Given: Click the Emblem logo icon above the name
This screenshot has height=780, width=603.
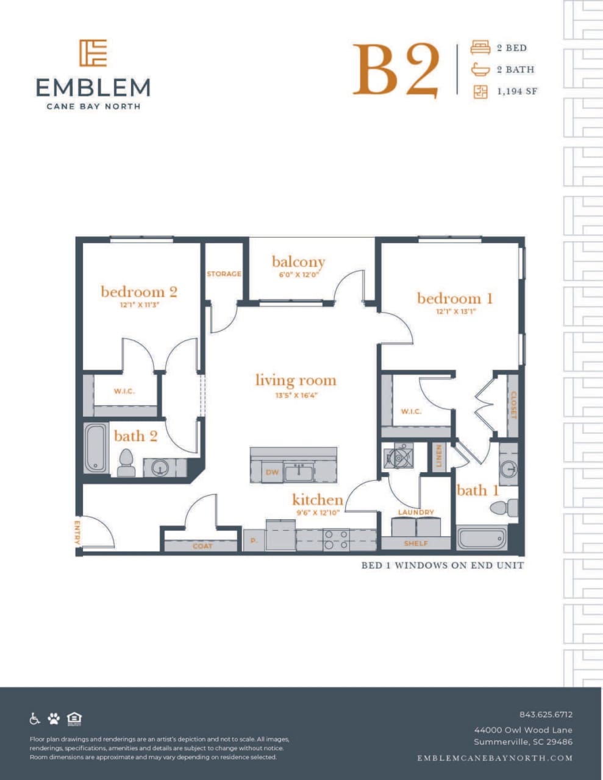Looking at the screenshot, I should (x=93, y=53).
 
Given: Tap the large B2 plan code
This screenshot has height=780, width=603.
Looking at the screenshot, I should (x=396, y=70).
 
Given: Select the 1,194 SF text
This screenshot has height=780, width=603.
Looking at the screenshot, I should (x=517, y=91).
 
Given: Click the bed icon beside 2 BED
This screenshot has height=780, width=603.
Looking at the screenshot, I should (x=480, y=48).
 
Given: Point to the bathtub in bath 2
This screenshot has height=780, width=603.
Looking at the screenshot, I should (x=95, y=448).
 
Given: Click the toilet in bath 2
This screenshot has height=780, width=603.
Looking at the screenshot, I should (x=126, y=463).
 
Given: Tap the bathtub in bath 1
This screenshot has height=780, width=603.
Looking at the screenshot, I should (x=482, y=539).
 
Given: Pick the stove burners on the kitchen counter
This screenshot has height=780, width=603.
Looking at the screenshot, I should (x=336, y=540).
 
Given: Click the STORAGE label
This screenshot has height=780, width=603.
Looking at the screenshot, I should (x=224, y=274).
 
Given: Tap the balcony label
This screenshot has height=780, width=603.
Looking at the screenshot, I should (x=298, y=261).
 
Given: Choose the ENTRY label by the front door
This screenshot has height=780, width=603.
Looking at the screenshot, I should (x=78, y=533).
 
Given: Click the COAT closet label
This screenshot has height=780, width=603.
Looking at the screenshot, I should (x=202, y=546).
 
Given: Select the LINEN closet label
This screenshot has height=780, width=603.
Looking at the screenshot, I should (x=438, y=456).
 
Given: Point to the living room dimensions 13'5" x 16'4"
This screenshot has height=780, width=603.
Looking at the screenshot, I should (x=296, y=395).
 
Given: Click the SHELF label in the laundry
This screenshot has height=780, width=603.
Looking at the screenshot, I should (x=416, y=543).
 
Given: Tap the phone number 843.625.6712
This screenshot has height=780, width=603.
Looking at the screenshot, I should (x=546, y=714).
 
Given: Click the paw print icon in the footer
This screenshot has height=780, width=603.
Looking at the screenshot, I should (x=54, y=718).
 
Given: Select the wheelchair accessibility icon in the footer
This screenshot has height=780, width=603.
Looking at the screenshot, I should (x=35, y=718).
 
